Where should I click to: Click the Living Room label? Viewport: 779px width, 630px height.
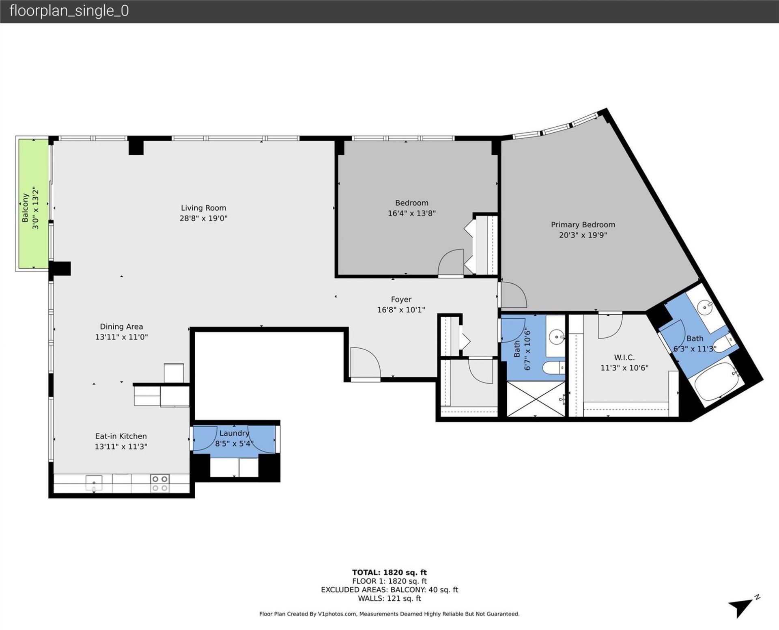tap(203, 208)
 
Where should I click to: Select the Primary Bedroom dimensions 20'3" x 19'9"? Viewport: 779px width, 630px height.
tap(583, 235)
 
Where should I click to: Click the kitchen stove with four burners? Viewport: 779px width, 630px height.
tap(160, 483)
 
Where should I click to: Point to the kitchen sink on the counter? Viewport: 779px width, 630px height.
tap(94, 483)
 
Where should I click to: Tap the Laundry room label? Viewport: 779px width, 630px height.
tap(234, 433)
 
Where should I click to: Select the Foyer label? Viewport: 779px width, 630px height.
tap(401, 300)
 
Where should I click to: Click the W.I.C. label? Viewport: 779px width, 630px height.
tap(624, 358)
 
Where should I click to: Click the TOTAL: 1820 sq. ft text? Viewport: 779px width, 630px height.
tap(389, 572)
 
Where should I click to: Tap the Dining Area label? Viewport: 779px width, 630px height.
tap(121, 327)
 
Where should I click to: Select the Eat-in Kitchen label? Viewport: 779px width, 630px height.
tap(121, 436)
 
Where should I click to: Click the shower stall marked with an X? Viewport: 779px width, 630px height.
tap(536, 399)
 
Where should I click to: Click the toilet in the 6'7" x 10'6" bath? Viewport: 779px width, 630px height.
tap(553, 368)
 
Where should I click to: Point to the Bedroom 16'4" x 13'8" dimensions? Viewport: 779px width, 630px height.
tap(411, 214)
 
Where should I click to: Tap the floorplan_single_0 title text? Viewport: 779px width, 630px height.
tap(69, 11)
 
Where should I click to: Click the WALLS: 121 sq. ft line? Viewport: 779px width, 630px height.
tap(389, 598)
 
